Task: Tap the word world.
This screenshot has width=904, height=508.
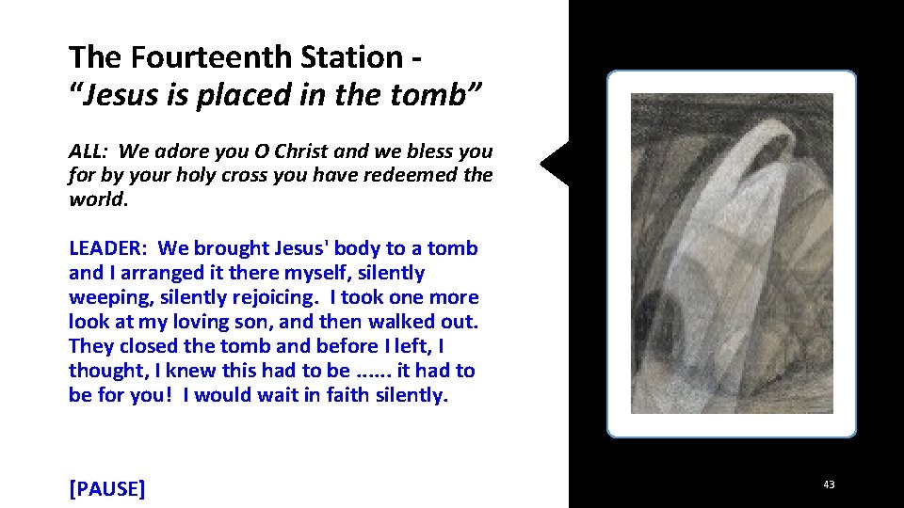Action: pyautogui.click(x=96, y=200)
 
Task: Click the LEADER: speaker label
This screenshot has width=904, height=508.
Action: pyautogui.click(x=107, y=249)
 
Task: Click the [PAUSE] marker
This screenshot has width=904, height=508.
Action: pyautogui.click(x=107, y=489)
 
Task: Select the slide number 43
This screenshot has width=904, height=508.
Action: pyautogui.click(x=829, y=485)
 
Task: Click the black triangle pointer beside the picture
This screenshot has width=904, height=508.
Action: pyautogui.click(x=557, y=164)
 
